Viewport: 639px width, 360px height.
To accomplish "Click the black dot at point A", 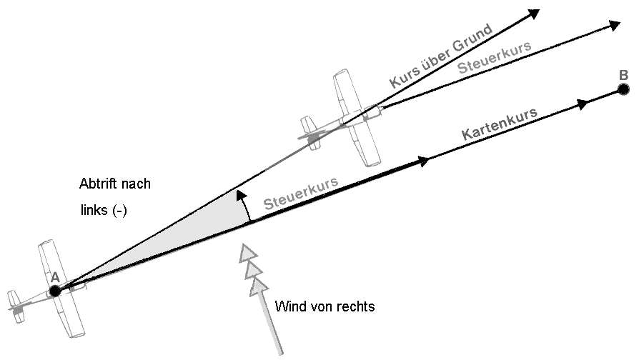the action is [55, 291].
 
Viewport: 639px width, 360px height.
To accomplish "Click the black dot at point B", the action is [623, 89].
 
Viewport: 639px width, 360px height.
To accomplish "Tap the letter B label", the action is [623, 75].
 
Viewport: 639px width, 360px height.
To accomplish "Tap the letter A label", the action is [55, 277].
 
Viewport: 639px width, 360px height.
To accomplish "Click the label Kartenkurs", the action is [500, 123].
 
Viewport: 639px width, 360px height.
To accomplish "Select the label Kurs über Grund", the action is [441, 56].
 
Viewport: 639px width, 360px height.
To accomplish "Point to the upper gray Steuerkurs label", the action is [495, 57].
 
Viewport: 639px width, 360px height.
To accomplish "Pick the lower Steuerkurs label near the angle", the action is [301, 193].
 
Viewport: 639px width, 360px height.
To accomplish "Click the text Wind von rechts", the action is [325, 306].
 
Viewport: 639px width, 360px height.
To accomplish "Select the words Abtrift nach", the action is [115, 184].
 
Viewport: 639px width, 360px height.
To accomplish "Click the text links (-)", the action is [104, 210].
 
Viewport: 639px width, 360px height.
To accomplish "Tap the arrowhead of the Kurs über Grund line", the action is [534, 14].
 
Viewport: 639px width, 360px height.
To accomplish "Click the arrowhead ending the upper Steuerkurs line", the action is [614, 26].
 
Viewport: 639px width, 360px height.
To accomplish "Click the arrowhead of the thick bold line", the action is [423, 161].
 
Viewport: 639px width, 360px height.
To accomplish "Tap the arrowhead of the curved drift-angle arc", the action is [242, 195].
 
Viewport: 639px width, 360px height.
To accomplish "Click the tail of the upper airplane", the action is [310, 132].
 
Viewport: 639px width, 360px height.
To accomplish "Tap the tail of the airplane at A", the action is [16, 306].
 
